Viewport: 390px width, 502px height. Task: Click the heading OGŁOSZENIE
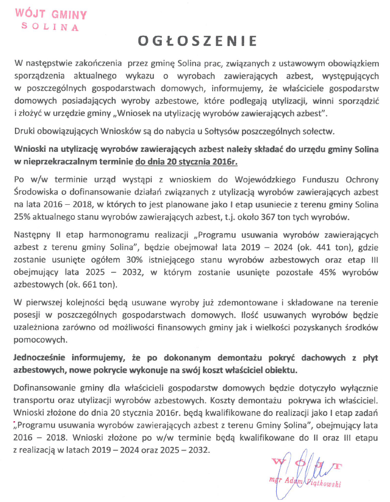click(195, 41)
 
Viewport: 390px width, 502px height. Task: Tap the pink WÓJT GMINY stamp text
click(51, 14)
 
